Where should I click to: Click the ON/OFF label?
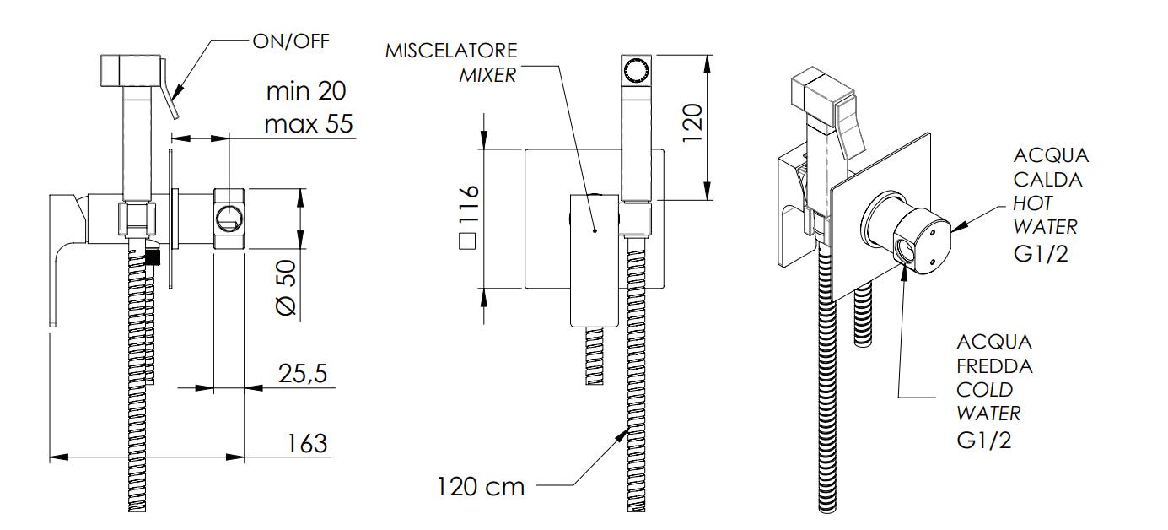point(291,41)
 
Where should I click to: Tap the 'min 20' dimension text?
point(306,91)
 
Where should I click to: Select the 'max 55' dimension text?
point(309,123)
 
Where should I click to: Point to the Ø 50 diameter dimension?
point(286,288)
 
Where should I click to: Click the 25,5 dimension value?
point(303,374)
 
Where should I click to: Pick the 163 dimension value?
point(307,443)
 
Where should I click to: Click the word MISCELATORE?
point(451,51)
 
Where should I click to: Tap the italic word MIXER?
point(487,75)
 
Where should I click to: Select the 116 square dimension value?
point(468,203)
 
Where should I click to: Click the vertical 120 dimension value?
point(693,122)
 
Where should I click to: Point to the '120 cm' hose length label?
point(480,487)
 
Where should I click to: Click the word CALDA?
point(1047,180)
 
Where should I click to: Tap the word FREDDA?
point(994,366)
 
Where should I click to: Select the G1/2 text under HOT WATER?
point(1041,254)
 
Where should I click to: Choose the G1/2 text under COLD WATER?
point(984,441)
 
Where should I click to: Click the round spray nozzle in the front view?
point(636,70)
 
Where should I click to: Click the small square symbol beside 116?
point(466,241)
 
